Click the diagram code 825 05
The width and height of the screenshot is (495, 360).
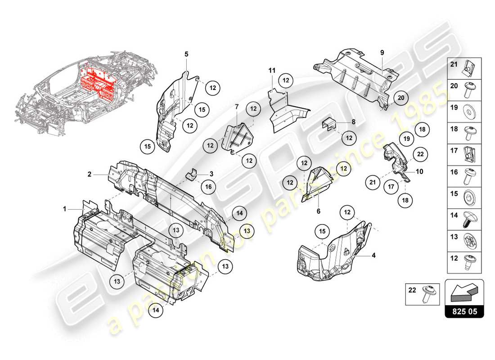(464, 311)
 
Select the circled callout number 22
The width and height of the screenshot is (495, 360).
(420, 154)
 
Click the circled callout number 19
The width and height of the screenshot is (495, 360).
(406, 139)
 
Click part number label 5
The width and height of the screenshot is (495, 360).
(186, 54)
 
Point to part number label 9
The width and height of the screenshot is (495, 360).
(382, 53)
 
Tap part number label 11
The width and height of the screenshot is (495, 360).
(271, 70)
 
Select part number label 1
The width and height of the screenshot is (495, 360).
(64, 209)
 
